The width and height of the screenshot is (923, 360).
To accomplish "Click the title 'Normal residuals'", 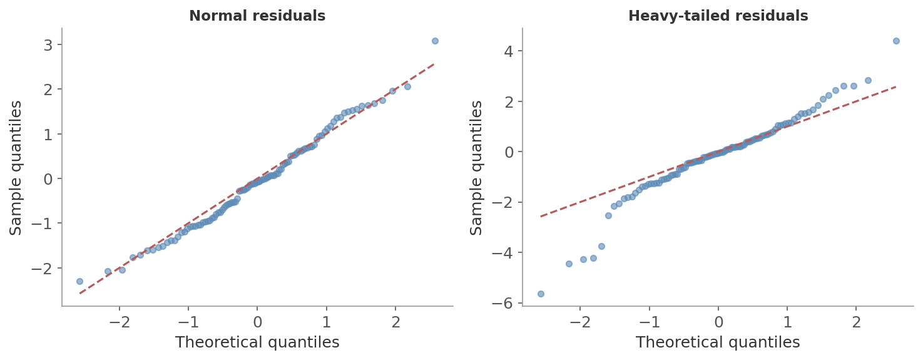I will click(257, 16).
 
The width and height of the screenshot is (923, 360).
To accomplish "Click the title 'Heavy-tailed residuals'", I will click(718, 16).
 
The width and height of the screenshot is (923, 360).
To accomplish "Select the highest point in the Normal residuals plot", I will click(435, 41).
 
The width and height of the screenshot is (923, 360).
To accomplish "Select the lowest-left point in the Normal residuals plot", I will click(79, 281).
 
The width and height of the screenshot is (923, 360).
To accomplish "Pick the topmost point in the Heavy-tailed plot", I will click(896, 41).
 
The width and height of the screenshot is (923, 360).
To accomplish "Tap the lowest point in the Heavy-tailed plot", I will click(541, 294).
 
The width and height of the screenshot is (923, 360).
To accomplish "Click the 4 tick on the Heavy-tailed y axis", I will click(509, 51).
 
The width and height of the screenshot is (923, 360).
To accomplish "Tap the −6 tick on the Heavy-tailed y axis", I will click(504, 303).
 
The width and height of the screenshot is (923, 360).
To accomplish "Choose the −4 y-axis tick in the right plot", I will click(504, 253).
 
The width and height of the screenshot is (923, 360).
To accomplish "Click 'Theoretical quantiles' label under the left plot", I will click(257, 342).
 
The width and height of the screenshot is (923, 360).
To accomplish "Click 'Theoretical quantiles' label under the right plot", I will click(718, 342).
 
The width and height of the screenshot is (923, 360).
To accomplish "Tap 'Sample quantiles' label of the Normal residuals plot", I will click(16, 167).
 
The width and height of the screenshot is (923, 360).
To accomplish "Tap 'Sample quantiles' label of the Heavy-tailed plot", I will click(477, 167).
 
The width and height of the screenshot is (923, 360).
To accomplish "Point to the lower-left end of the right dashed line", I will click(541, 217).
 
